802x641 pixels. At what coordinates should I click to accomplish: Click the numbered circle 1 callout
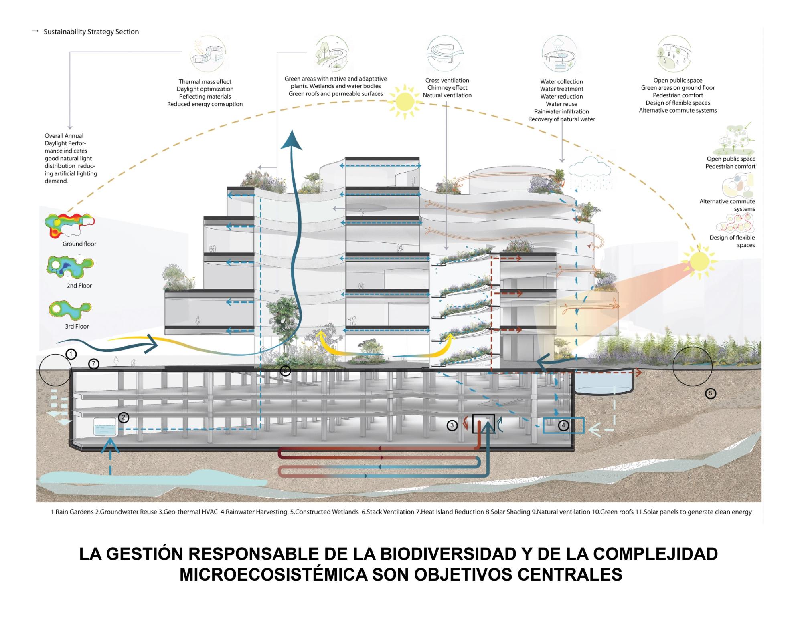pos(71,354)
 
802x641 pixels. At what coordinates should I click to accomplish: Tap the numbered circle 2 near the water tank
pos(124,417)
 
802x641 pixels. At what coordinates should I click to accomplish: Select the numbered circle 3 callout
pos(452,425)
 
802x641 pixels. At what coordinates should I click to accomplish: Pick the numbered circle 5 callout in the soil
pos(710,393)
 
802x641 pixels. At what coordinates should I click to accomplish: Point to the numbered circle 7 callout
pos(93,364)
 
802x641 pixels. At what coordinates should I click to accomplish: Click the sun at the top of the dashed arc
pos(405,101)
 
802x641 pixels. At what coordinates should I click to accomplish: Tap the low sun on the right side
pos(699,261)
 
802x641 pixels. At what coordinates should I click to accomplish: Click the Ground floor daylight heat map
pos(70,226)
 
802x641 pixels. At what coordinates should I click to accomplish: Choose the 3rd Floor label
pos(77,326)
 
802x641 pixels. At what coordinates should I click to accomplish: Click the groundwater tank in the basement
pos(105,427)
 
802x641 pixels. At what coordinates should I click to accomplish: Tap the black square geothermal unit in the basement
pos(483,424)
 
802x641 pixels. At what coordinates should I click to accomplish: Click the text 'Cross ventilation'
pos(447,80)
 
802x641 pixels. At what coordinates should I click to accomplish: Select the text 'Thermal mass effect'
pos(205,81)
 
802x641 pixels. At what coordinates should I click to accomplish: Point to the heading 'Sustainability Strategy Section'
pos(91,32)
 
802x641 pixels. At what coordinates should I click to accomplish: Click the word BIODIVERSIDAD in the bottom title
pos(448,554)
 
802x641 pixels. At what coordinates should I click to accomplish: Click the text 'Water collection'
pos(561,81)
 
